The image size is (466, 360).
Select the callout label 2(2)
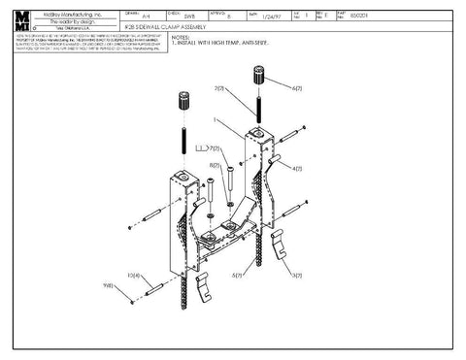point(221,89)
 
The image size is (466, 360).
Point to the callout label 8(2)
point(215,166)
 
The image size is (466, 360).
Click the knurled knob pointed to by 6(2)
point(259,75)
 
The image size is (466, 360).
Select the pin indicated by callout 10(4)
point(154,289)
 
